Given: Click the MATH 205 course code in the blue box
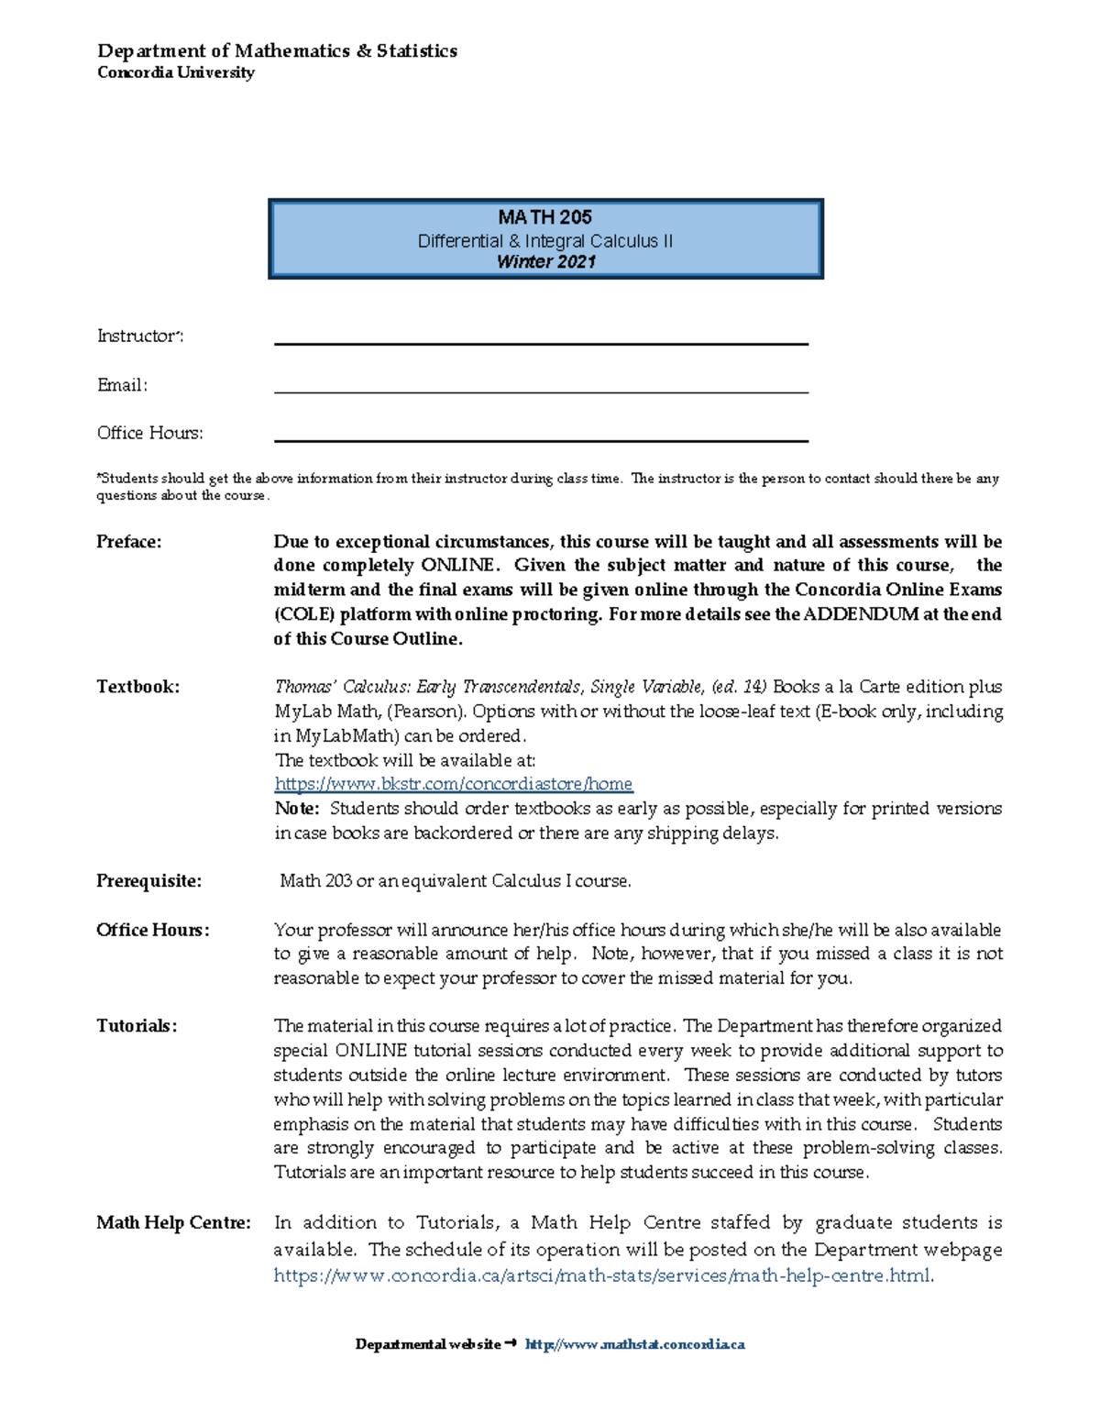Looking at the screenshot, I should [544, 217].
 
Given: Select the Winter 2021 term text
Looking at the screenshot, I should [545, 262].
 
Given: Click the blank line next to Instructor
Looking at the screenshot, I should [541, 340].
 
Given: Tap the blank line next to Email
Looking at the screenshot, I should [541, 389].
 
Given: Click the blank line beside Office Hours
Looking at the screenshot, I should [541, 437].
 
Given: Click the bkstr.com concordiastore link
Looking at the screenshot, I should [454, 784].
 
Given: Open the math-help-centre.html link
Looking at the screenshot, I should [602, 1275].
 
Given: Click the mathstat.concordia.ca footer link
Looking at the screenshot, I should [634, 1344].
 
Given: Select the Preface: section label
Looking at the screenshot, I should [129, 542].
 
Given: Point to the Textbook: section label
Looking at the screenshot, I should [138, 687].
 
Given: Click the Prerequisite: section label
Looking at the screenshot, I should [148, 881].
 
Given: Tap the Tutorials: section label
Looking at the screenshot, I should [137, 1026].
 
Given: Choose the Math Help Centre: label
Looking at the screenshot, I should [173, 1223].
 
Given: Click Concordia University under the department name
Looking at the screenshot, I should [176, 72].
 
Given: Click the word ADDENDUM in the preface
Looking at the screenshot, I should [861, 614].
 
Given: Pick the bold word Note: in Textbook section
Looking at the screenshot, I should [296, 809].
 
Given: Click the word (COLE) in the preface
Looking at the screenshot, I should [303, 614].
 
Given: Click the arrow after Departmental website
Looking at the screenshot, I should [511, 1343].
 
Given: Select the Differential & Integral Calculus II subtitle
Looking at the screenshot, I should [544, 241].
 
